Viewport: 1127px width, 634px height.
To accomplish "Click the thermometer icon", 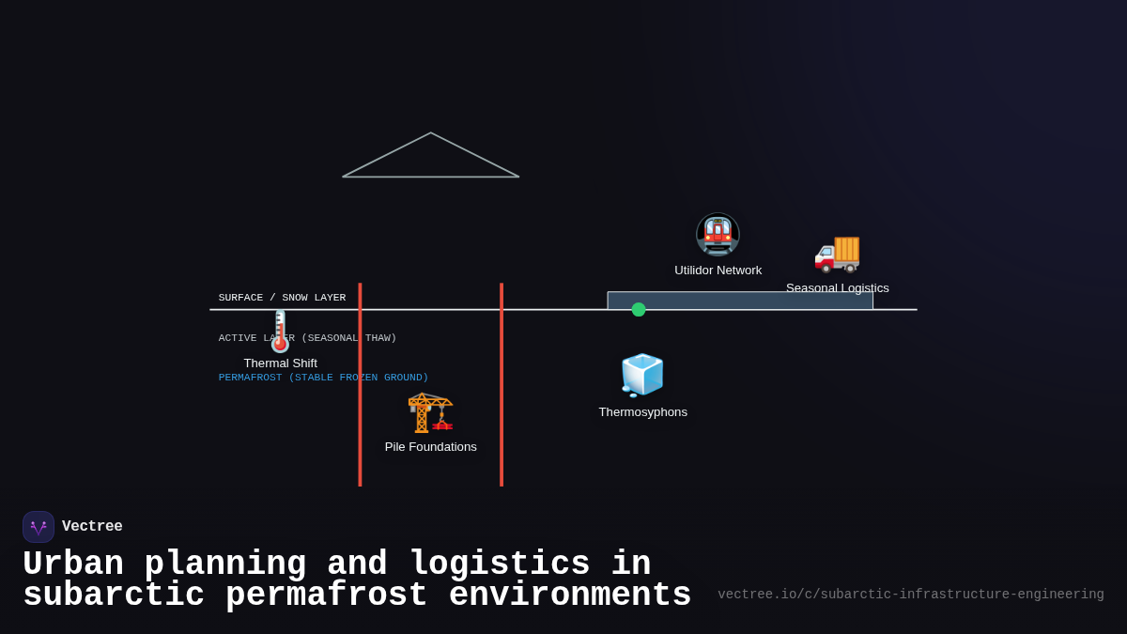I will (280, 332).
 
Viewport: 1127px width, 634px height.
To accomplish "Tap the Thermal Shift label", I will (280, 363).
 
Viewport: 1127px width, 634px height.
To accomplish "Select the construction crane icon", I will (430, 411).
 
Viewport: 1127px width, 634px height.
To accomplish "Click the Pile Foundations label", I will (430, 447).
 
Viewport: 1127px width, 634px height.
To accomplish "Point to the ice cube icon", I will (642, 376).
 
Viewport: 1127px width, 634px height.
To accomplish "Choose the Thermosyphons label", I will (642, 412).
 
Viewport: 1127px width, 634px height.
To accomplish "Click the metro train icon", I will (718, 235).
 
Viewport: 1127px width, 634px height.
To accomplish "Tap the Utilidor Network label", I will (718, 271).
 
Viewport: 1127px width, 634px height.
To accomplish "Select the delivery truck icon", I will (837, 252).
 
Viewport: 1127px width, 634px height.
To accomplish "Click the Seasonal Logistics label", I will (837, 287).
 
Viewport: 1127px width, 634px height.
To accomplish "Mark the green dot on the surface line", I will (639, 310).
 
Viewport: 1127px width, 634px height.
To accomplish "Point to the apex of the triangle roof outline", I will (431, 133).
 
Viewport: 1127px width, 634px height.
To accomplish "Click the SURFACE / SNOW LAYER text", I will (282, 298).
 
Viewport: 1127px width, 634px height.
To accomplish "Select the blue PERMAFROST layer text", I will (323, 378).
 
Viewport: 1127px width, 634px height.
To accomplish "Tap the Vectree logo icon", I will (39, 527).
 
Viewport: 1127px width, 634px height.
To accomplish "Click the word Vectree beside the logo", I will (92, 527).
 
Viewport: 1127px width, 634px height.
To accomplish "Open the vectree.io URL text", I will (910, 595).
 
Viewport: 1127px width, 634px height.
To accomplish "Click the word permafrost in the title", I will (326, 595).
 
